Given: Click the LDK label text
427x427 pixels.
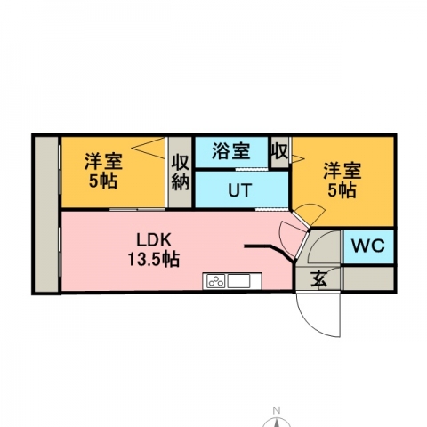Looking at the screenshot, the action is point(154,240).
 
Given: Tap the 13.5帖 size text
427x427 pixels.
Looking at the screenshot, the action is point(154,260).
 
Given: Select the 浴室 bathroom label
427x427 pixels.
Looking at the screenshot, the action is point(231,151).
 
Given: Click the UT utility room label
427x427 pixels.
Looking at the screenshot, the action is point(240,190).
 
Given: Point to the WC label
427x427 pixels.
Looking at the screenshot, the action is point(368,246).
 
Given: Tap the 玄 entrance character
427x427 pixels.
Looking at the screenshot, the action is point(319,279).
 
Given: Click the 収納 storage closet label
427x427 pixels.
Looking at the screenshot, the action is point(181,173).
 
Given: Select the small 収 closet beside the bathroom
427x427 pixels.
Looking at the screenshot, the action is point(279,151).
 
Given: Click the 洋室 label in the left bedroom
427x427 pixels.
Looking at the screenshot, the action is point(103,161).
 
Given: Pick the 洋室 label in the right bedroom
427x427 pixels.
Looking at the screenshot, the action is point(342,171).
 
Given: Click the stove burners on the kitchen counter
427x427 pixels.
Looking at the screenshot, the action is point(216,281).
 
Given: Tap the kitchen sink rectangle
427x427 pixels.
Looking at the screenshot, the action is point(238,281).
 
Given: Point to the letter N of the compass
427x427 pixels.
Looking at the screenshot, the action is point(277,411).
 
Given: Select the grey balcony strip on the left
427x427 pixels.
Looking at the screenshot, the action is point(46,214).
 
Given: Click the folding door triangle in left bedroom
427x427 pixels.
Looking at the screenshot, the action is point(149,148).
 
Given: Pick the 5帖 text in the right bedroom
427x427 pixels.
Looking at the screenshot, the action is point(342,190).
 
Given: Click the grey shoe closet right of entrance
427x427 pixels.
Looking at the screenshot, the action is point(368,278).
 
